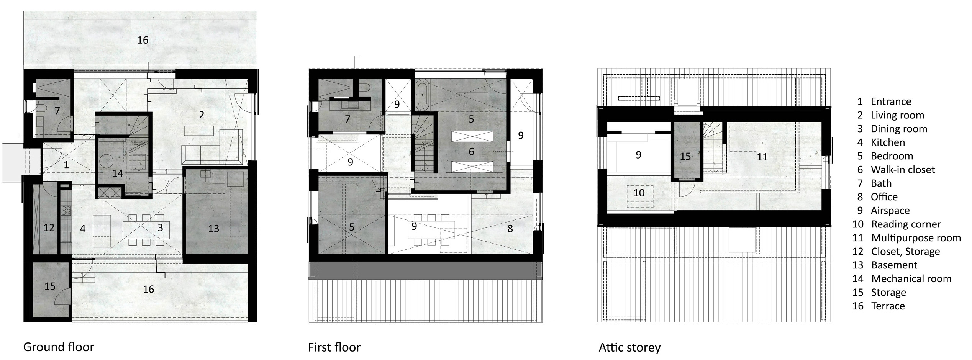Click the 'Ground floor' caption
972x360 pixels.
pos(59,347)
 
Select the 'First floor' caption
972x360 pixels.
pos(334,347)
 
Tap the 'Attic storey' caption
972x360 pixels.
pos(629,347)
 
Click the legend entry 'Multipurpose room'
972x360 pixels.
pos(916,238)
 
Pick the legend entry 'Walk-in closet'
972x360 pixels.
pos(902,170)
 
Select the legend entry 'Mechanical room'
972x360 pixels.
pos(911,279)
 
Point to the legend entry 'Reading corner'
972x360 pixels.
pos(905,224)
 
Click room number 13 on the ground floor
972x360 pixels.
pos(213,229)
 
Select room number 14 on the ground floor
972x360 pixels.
pos(118,173)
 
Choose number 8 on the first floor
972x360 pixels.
pos(510,229)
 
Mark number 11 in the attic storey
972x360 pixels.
pos(762,157)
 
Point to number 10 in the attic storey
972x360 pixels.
pos(639,193)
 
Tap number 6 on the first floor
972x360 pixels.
pos(471,151)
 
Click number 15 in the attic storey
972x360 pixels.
pos(685,156)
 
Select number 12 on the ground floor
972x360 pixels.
pos(49,228)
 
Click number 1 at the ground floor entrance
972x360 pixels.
pos(66,165)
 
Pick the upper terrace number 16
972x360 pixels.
pos(143,40)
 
